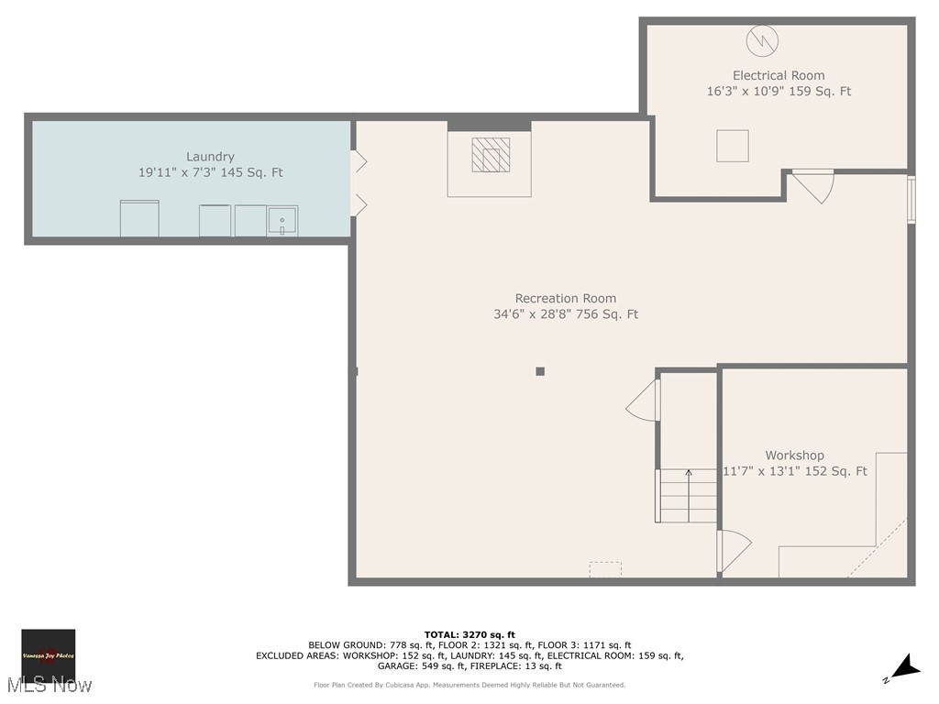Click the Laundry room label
(x=211, y=157)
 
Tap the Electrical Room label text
(x=779, y=75)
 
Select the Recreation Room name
(x=566, y=298)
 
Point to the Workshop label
(x=795, y=455)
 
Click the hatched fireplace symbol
(x=491, y=155)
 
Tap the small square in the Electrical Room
(x=733, y=146)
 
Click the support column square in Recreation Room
(x=540, y=371)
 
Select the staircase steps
(x=688, y=496)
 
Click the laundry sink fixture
(x=282, y=221)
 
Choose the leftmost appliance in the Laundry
(x=139, y=219)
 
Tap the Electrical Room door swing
(x=814, y=187)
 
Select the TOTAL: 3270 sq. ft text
(x=469, y=634)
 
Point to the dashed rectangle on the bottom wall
(x=605, y=569)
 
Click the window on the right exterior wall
(x=911, y=199)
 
